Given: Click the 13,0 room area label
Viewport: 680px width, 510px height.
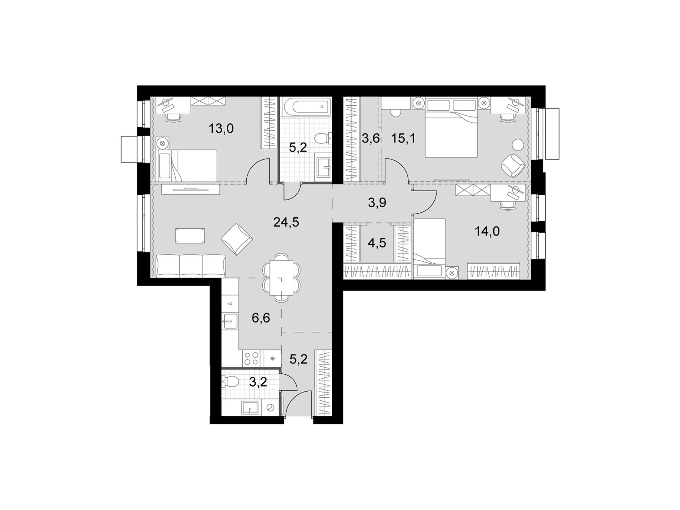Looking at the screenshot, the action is point(221,128).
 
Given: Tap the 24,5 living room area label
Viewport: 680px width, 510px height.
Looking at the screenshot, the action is point(286,222).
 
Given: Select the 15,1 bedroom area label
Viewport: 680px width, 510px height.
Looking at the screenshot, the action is point(403,139).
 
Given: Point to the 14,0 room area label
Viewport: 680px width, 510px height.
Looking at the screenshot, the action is point(487,231).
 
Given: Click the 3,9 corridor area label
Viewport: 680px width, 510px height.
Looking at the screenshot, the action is point(377,203).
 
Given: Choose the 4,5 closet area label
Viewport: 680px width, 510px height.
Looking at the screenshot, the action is point(377,243).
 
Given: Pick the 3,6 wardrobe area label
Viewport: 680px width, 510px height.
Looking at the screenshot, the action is point(370,139).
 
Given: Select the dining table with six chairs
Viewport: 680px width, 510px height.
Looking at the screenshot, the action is point(281,278).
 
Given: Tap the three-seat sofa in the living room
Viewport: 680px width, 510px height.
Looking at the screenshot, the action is point(191,266).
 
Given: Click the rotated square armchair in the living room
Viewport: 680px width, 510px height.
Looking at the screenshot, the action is point(237,239).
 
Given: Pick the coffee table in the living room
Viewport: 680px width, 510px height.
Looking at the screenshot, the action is point(190,236).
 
